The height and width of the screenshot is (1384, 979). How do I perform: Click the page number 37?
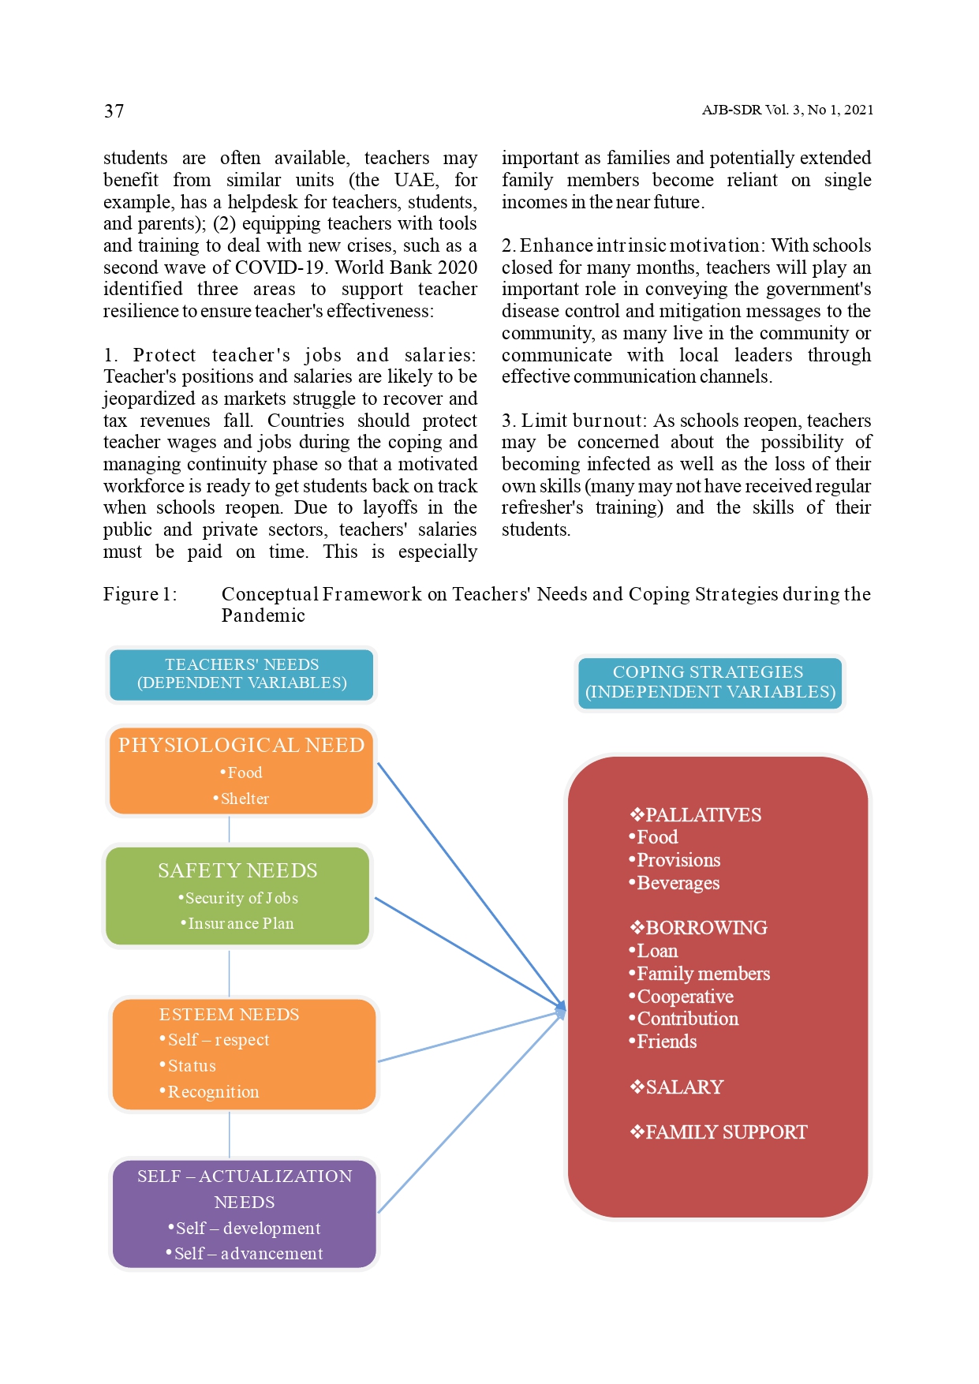click(x=114, y=111)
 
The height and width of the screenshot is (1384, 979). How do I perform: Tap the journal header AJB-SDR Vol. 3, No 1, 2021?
click(x=787, y=110)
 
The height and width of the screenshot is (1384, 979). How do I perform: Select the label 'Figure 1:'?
click(x=140, y=594)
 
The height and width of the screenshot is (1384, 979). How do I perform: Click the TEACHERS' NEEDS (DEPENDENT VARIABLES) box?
click(x=241, y=674)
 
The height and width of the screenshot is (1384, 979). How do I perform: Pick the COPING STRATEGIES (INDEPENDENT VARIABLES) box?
click(x=709, y=683)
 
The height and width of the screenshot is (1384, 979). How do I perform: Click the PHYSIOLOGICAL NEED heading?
click(x=241, y=745)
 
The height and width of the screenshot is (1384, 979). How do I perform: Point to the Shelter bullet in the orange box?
click(x=244, y=799)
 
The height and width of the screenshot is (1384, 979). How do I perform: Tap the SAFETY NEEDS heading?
click(x=237, y=870)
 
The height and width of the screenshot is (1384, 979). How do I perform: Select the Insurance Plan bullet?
click(x=240, y=923)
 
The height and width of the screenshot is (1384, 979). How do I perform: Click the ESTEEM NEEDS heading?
click(x=229, y=1015)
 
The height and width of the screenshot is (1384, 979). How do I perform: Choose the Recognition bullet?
click(x=212, y=1092)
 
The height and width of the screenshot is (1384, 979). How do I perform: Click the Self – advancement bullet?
click(x=248, y=1254)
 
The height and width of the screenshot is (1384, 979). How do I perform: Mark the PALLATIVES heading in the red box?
click(x=702, y=815)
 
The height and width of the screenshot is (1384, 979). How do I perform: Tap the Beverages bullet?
click(x=678, y=883)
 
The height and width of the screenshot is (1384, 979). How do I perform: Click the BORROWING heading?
click(x=705, y=928)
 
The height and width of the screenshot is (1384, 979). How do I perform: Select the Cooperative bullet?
click(x=684, y=997)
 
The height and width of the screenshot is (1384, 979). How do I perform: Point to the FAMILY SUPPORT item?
click(x=725, y=1132)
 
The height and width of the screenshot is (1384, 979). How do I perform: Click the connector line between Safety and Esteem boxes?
click(x=230, y=973)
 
